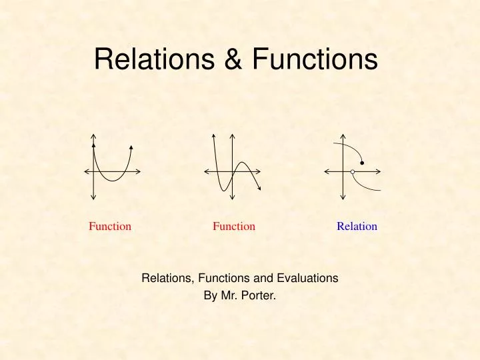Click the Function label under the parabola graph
click(x=110, y=226)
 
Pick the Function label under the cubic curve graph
click(x=234, y=226)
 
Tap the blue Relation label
click(x=357, y=226)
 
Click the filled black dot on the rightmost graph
click(x=362, y=163)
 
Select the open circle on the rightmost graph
click(x=353, y=172)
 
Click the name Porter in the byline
click(x=260, y=293)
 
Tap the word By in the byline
click(x=211, y=293)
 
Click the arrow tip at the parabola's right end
click(x=131, y=146)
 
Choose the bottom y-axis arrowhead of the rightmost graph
click(x=342, y=197)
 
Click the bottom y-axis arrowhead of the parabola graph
click(x=94, y=197)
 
